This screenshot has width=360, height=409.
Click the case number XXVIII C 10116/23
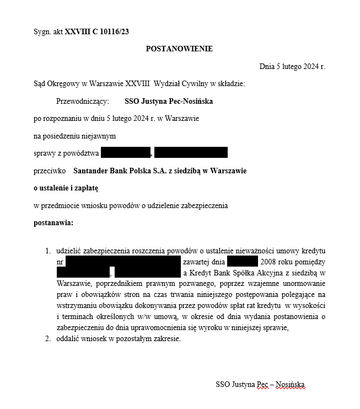[97, 32]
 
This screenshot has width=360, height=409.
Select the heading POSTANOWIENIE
[179, 49]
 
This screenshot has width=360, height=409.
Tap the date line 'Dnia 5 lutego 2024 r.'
[292, 67]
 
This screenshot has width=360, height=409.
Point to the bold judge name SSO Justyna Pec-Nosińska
[169, 102]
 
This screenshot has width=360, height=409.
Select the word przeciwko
[50, 171]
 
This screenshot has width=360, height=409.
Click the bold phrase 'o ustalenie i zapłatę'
[66, 188]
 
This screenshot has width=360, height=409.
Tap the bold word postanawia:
[53, 223]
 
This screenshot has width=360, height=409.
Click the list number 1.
[48, 251]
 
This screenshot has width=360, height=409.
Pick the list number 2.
[48, 339]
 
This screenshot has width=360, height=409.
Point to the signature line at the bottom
[260, 385]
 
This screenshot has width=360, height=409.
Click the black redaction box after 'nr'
[123, 262]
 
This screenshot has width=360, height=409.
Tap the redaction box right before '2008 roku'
[242, 262]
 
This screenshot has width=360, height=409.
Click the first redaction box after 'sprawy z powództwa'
[126, 153]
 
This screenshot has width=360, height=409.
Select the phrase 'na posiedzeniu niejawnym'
[74, 136]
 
